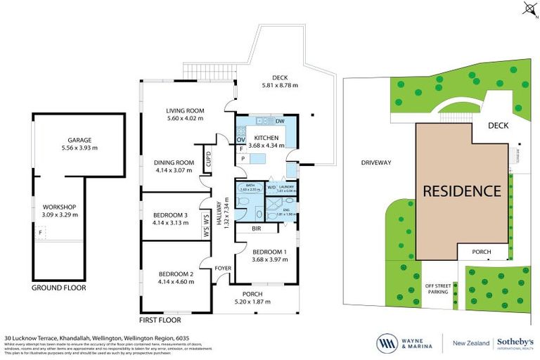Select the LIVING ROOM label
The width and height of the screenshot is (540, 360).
185,110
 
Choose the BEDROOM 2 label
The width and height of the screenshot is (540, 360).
176,274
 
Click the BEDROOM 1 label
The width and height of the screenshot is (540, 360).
269,252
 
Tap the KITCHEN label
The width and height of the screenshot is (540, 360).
267,138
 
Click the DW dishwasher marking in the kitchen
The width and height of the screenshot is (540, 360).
280,122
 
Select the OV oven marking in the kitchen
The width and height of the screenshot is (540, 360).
240,139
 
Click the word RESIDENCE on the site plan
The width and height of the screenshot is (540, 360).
462,191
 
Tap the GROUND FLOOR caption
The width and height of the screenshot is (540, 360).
59,288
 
